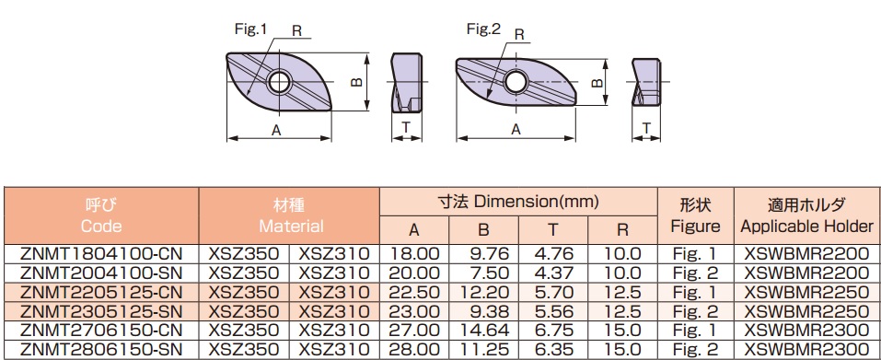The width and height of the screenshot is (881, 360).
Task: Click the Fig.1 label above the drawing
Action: tap(250, 29)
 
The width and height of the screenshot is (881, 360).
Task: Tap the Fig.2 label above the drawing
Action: tap(483, 29)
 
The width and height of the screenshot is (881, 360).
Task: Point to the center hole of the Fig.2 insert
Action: tap(516, 82)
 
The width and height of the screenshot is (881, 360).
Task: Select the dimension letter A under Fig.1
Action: tap(276, 131)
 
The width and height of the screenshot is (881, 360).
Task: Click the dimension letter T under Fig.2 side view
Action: tap(646, 129)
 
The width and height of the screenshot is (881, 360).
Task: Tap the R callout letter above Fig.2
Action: tap(519, 35)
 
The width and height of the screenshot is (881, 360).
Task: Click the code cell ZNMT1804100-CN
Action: tap(101, 254)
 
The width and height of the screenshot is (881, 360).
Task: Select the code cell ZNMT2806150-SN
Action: tap(101, 349)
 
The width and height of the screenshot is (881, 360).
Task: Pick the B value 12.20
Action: tap(484, 292)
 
